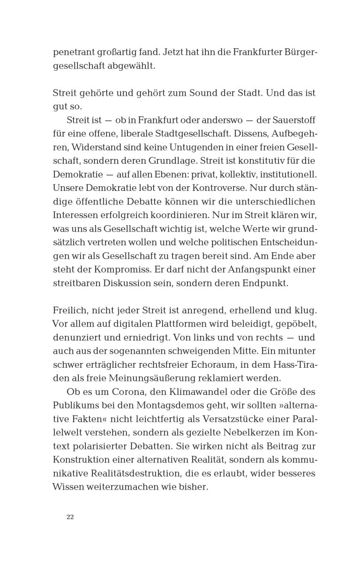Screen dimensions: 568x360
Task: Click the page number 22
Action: tap(70, 517)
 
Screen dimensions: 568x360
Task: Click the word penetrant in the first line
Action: tap(73, 53)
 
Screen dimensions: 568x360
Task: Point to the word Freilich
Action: tap(70, 310)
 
